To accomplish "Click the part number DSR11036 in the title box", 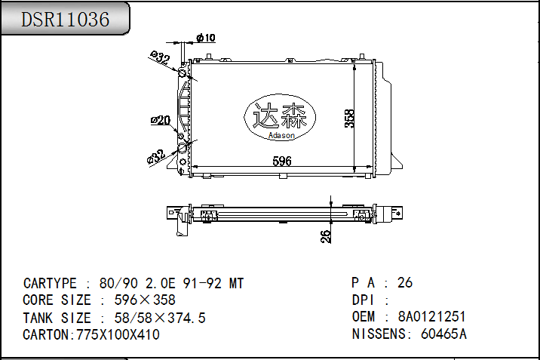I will pyautogui.click(x=65, y=20).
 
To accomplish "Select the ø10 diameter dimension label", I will pyautogui.click(x=206, y=38).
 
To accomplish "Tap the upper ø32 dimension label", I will pyautogui.click(x=159, y=58).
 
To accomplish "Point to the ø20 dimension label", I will pyautogui.click(x=161, y=119).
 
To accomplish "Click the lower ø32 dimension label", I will pyautogui.click(x=157, y=155).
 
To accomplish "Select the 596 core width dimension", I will pyautogui.click(x=281, y=161).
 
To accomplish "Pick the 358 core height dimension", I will pyautogui.click(x=349, y=118).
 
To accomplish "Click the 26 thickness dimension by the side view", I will pyautogui.click(x=326, y=236).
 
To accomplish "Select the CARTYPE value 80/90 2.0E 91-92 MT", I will pyautogui.click(x=172, y=284).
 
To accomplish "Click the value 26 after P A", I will pyautogui.click(x=405, y=283).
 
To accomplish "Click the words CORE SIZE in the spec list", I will pyautogui.click(x=57, y=300).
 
